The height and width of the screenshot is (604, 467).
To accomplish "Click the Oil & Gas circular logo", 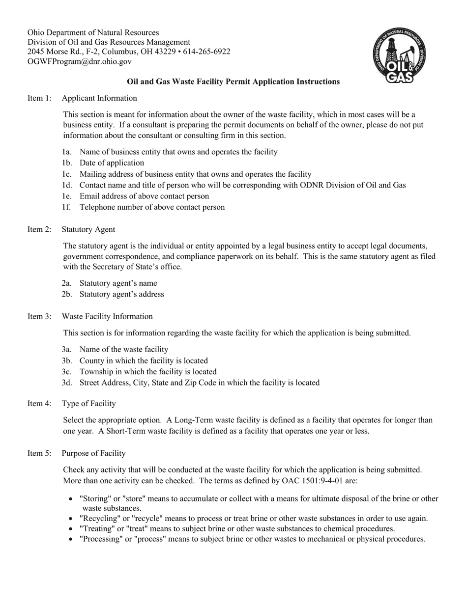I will (399, 55).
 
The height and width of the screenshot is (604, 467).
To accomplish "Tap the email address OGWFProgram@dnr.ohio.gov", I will (80, 61).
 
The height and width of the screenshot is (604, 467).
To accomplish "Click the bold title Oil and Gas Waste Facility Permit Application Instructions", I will (233, 82).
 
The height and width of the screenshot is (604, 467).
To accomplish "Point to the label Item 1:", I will (39, 98).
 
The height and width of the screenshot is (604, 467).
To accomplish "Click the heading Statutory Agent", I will (88, 229).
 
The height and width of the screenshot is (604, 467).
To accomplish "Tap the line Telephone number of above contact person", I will (152, 207).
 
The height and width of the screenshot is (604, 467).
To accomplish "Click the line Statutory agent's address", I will (121, 294).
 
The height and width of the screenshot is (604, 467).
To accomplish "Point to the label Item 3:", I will (39, 317).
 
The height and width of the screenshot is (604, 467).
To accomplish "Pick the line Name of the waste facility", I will (123, 350).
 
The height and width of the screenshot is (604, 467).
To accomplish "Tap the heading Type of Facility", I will (88, 404).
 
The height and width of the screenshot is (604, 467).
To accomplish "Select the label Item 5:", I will (39, 453).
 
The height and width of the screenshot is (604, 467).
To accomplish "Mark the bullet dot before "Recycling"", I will (72, 519).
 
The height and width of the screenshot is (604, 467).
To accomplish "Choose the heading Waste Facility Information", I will (107, 317).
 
